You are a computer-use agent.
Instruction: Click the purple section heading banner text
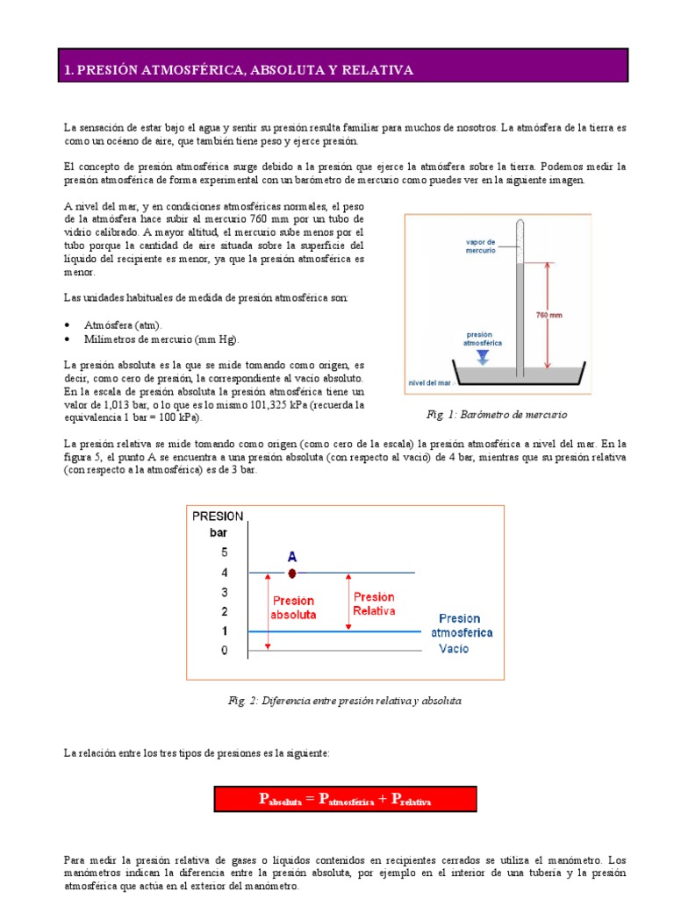pyautogui.click(x=238, y=69)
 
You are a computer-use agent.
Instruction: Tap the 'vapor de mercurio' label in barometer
pyautogui.click(x=480, y=246)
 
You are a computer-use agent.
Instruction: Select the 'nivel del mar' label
pyautogui.click(x=430, y=382)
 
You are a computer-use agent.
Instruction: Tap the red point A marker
pyautogui.click(x=292, y=573)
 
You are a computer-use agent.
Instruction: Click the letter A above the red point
pyautogui.click(x=292, y=556)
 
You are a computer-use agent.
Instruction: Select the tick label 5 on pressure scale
pyautogui.click(x=224, y=552)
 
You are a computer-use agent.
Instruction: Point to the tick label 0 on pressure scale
pyautogui.click(x=224, y=650)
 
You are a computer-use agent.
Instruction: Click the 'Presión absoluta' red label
pyautogui.click(x=293, y=609)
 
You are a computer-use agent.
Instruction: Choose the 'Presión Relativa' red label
pyautogui.click(x=374, y=603)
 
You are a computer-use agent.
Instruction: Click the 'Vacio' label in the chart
pyautogui.click(x=453, y=649)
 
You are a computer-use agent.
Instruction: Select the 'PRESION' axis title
pyautogui.click(x=218, y=517)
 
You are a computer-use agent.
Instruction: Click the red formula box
pyautogui.click(x=346, y=799)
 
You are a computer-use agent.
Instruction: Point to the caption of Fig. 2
pyautogui.click(x=344, y=701)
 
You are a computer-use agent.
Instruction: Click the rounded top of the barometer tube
pyautogui.click(x=520, y=224)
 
